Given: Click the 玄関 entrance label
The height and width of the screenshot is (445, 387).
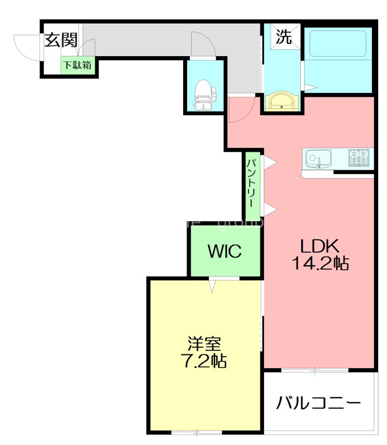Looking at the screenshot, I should (x=61, y=40).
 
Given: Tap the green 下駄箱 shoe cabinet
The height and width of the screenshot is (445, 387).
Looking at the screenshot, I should (x=77, y=65).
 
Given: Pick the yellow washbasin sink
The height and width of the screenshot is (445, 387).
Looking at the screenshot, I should (x=282, y=101).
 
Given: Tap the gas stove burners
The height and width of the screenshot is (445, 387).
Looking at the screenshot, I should (x=360, y=158).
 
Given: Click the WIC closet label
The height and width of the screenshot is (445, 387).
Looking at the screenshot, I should (x=225, y=251).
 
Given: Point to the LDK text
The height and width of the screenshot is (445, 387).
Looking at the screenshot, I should (x=320, y=245).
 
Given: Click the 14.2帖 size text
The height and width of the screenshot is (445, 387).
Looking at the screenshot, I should (x=320, y=264).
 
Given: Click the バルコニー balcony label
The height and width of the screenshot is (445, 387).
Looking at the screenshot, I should (x=319, y=402).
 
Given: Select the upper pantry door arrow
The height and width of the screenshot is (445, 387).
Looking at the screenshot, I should (x=270, y=162).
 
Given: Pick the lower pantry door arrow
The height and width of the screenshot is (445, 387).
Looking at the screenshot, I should (x=270, y=209).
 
